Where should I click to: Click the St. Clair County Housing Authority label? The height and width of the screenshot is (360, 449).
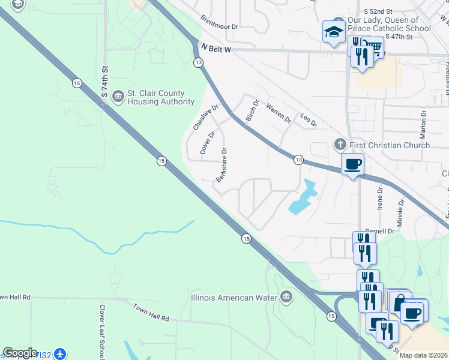click(155, 98)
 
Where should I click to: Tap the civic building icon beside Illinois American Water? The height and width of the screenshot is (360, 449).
click(286, 296)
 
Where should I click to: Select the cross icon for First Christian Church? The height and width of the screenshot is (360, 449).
click(340, 145)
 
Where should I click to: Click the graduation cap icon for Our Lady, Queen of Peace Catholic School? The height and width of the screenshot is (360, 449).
click(333, 33)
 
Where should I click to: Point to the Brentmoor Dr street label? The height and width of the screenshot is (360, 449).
click(220, 23)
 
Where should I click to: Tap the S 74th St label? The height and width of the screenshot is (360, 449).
click(104, 82)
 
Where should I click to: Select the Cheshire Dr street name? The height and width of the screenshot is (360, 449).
click(204, 116)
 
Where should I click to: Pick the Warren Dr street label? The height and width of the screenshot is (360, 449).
click(279, 114)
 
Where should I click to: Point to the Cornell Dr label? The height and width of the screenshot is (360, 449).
click(382, 231)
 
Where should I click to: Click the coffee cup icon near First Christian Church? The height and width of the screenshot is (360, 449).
click(352, 164)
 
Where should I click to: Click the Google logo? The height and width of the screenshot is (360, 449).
click(20, 353)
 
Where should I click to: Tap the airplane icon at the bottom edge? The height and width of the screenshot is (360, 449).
click(59, 353)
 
